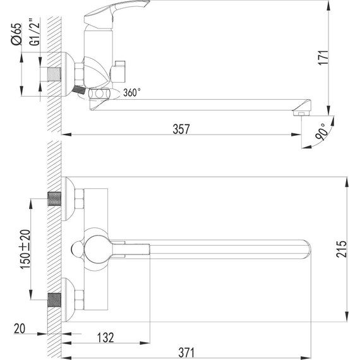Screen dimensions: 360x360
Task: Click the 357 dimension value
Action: (181, 129)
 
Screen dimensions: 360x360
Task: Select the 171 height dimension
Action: (323, 57)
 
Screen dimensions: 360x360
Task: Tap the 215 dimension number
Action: (341, 249)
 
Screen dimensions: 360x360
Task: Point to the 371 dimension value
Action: (186, 352)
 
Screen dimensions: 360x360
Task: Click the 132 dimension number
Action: (105, 337)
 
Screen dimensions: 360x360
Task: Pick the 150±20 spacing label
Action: (25, 249)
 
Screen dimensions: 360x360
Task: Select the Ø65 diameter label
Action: (16, 34)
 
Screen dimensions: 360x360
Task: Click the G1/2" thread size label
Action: (35, 32)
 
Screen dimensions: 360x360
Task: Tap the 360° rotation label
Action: (132, 92)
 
